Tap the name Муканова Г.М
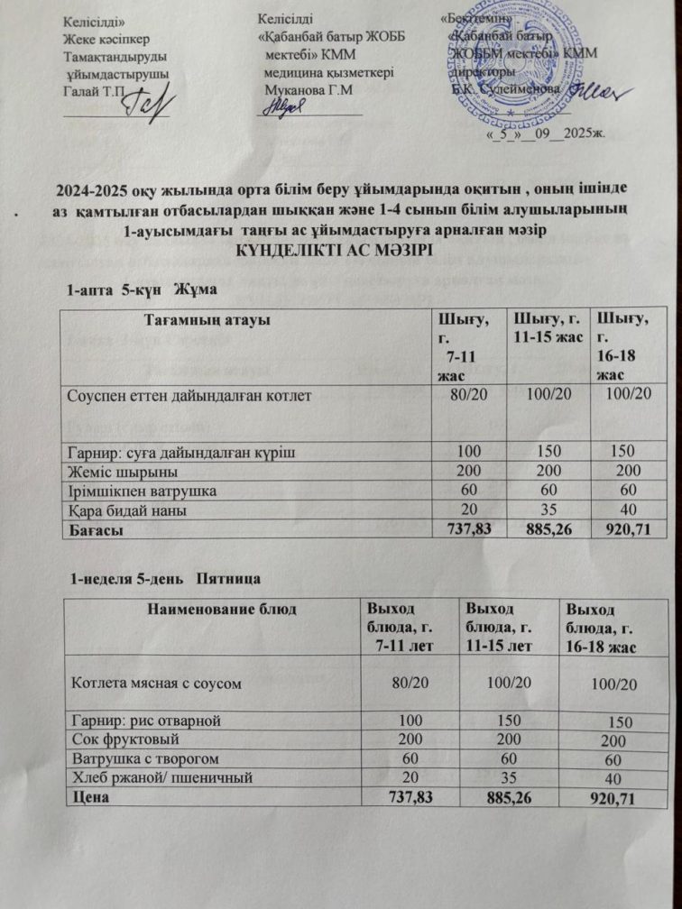click(308, 90)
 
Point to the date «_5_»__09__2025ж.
click(545, 132)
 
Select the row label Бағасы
click(97, 531)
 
